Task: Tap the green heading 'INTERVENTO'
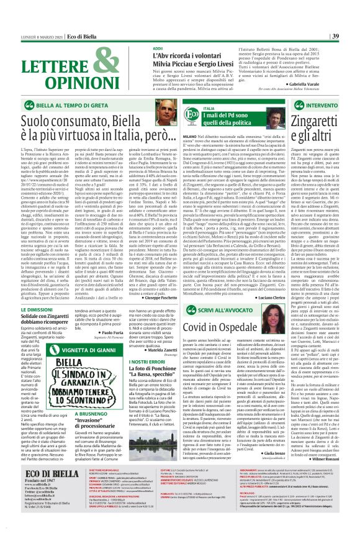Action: click(328, 106)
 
